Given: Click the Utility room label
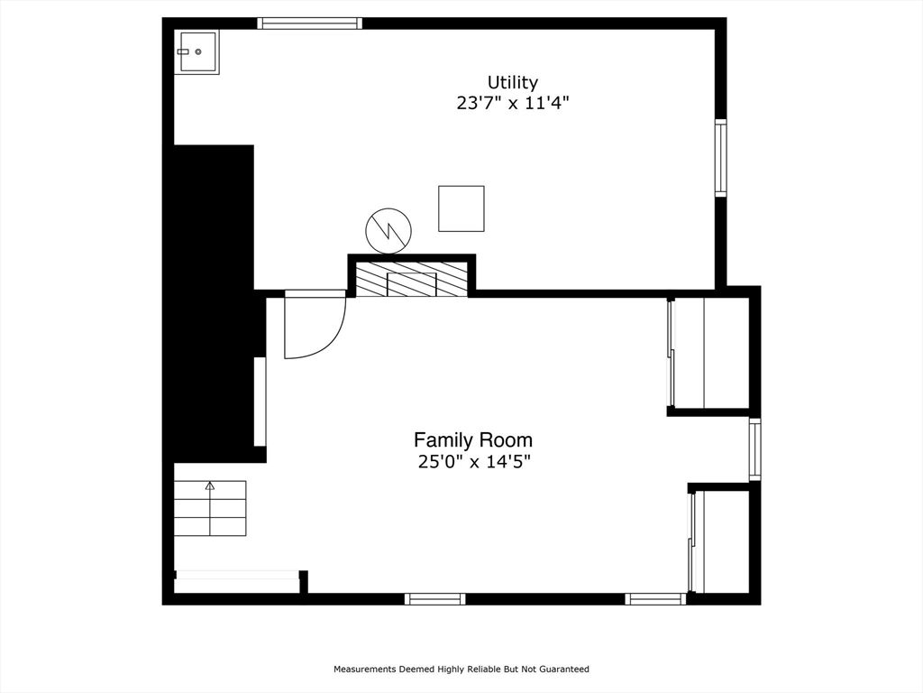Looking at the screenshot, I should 512,83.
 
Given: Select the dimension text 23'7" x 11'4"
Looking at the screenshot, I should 512,103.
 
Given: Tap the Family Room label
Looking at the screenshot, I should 472,440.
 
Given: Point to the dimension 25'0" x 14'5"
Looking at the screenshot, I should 472,462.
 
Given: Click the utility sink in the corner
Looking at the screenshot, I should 196,51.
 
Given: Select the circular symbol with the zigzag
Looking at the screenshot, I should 388,230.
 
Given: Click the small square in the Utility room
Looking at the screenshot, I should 461,208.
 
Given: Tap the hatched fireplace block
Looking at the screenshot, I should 411,280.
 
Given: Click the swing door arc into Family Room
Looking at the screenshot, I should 315,327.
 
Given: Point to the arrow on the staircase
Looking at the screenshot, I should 210,486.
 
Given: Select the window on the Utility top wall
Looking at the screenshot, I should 309,23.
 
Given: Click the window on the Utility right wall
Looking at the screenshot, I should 720,158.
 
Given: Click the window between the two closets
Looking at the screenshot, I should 754,449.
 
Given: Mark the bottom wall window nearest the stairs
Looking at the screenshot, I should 434,598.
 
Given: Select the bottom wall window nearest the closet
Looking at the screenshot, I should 655,598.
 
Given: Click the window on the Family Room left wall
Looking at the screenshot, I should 260,402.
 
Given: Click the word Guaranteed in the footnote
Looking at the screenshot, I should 562,670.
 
